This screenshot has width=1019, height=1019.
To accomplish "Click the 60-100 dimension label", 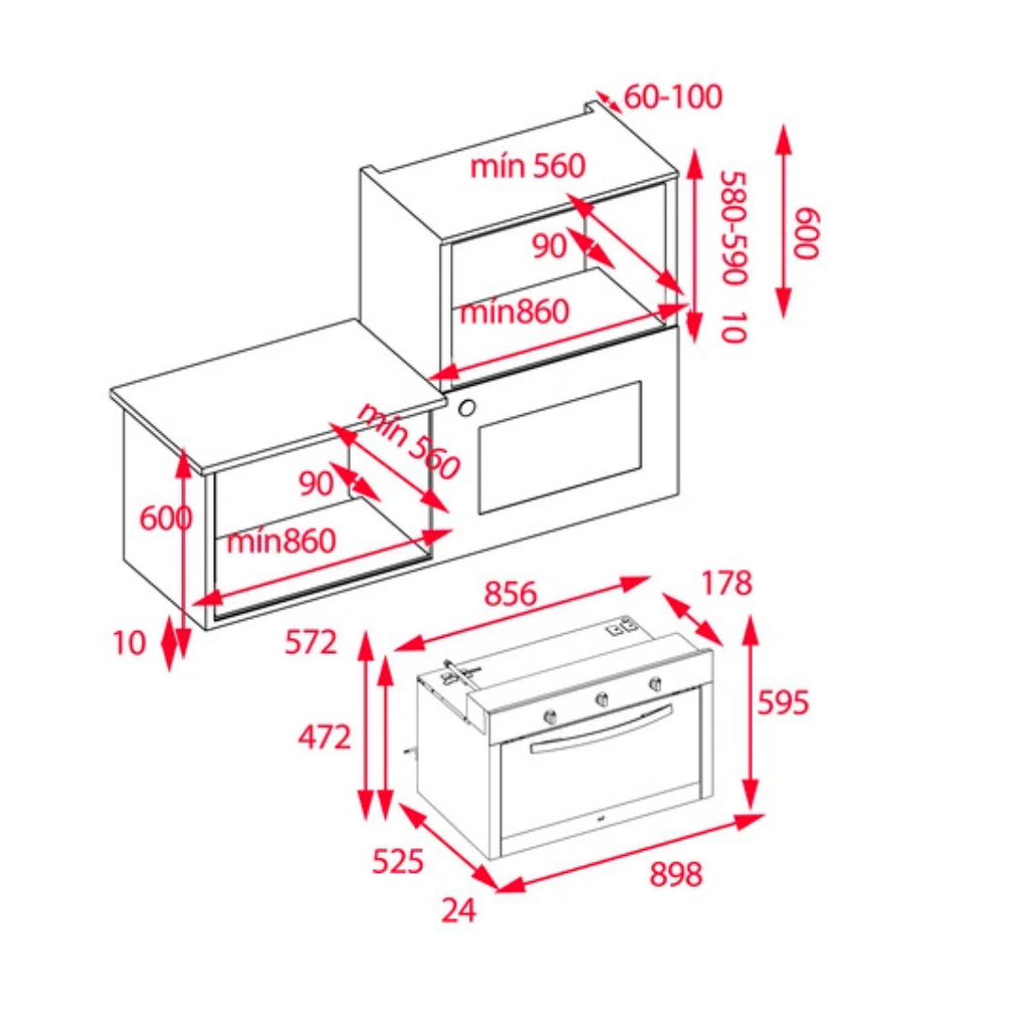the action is [x=673, y=97].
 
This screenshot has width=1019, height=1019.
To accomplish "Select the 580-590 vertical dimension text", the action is [x=735, y=227].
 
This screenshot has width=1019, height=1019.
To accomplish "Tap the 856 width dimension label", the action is [x=510, y=593].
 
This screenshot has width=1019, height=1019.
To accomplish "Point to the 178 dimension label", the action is [x=727, y=583].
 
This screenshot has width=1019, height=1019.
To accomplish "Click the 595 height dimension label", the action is [x=783, y=703].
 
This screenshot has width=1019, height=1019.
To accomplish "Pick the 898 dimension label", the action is [x=676, y=875].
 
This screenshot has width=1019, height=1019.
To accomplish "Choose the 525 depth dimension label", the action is [x=398, y=861].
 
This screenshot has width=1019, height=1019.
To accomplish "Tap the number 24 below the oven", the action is [x=459, y=910].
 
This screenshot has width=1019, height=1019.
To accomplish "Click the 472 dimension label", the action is [x=325, y=738].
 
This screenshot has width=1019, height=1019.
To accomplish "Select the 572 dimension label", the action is [x=310, y=643].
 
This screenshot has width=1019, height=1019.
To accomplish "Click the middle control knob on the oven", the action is [x=602, y=700].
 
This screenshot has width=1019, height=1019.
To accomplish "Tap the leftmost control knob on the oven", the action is [x=550, y=717].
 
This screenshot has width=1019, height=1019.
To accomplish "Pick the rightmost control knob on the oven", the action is [x=655, y=683].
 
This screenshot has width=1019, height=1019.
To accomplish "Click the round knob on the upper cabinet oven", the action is [x=466, y=409].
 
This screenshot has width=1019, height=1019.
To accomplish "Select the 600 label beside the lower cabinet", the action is [x=166, y=519].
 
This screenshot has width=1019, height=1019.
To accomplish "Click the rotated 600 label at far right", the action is [x=806, y=234].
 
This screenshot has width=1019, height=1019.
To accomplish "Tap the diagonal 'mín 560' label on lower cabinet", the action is [x=409, y=442].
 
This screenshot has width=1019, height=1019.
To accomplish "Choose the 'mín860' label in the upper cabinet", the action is [x=514, y=312].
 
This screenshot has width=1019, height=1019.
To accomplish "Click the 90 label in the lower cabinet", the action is [x=316, y=483].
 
